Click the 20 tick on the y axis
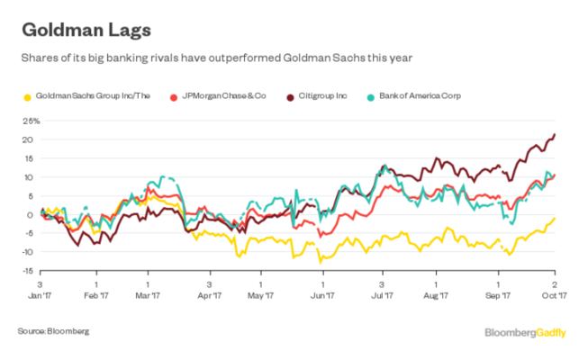31,139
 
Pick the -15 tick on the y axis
29,271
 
